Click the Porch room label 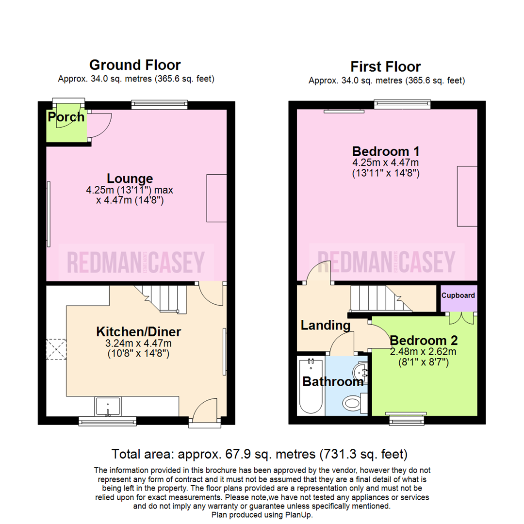(66, 117)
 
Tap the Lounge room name (130, 179)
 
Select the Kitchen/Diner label (138, 332)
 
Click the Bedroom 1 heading (386, 150)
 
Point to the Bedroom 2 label (424, 340)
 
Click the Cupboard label (458, 295)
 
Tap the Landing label (325, 325)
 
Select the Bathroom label (333, 381)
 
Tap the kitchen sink (108, 407)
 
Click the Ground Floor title (135, 65)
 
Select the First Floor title (386, 66)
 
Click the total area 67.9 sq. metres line (259, 455)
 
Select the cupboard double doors (458, 318)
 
